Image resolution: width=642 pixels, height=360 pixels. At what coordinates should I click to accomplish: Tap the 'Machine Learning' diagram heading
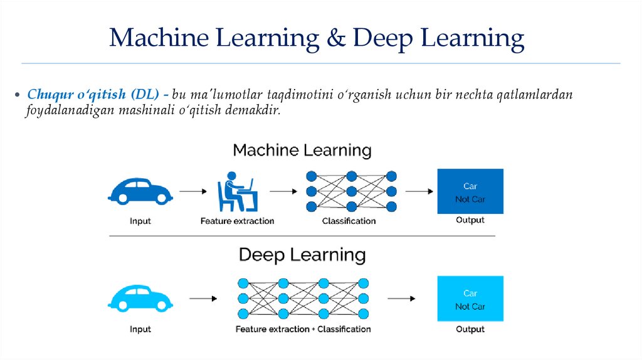tap(302, 151)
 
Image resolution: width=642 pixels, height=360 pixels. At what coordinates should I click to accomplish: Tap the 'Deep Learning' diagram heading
tap(302, 255)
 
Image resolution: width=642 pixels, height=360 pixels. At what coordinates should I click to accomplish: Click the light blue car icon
tap(140, 297)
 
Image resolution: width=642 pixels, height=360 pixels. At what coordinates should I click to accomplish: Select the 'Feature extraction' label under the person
tap(237, 221)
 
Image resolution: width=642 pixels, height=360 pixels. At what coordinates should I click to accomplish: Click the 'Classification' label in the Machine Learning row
tap(349, 221)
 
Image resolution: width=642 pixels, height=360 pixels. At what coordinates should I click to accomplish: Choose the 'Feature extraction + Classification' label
tap(303, 329)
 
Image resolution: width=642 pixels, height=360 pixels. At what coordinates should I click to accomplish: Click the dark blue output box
tap(470, 192)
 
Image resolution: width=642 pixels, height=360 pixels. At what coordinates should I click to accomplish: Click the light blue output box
tap(470, 299)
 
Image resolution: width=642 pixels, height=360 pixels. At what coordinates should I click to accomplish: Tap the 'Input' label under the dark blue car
tap(140, 221)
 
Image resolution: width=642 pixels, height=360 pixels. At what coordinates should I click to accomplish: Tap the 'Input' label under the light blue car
tap(140, 329)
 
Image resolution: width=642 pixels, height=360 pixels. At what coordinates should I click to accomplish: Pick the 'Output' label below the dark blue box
tap(470, 220)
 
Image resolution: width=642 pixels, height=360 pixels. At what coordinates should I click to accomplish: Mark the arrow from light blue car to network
tap(203, 299)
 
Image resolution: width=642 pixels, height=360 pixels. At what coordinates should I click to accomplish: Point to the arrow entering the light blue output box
tap(401, 299)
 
